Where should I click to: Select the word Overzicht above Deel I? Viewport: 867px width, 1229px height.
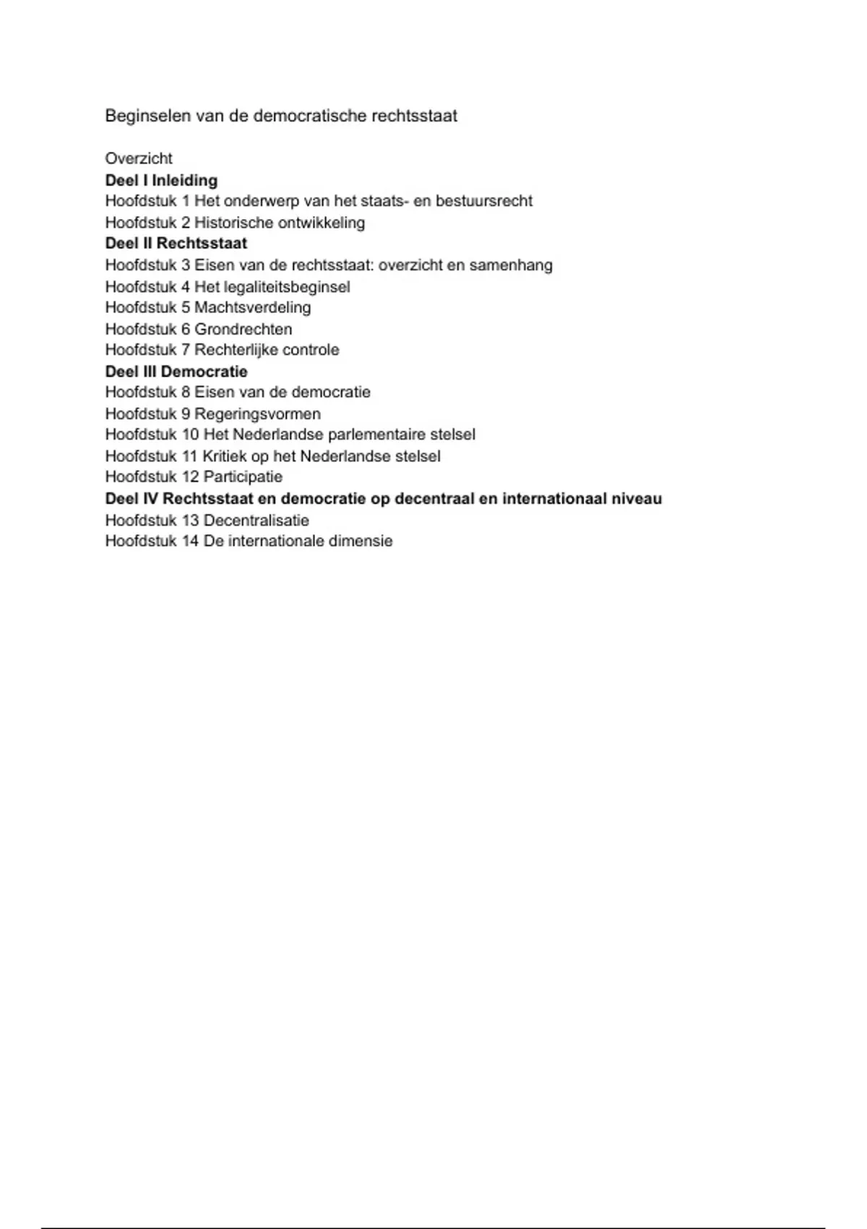point(139,158)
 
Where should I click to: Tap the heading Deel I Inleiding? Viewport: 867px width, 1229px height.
point(161,180)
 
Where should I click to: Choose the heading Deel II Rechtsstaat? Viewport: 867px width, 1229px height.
point(176,244)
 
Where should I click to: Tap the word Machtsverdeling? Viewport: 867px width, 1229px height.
point(252,307)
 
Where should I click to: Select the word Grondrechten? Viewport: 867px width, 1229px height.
point(243,329)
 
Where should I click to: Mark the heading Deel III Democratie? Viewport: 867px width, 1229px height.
point(176,372)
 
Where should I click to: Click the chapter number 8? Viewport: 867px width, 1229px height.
point(186,393)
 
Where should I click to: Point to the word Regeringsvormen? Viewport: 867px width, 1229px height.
point(257,414)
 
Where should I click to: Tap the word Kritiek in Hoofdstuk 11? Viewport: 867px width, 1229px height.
point(224,456)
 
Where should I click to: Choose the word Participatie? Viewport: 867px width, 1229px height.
point(243,477)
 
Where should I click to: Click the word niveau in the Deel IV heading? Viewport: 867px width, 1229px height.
point(639,499)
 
